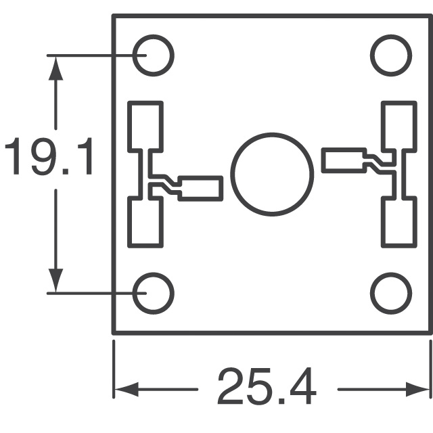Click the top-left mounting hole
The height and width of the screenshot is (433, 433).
[153, 55]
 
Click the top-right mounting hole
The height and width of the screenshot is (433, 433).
[391, 55]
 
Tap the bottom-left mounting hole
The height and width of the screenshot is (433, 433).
[153, 293]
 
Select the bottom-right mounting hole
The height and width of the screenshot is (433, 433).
[391, 293]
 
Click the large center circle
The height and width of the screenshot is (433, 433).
[272, 174]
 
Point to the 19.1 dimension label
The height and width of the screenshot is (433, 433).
[49, 159]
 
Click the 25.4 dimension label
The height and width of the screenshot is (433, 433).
[267, 388]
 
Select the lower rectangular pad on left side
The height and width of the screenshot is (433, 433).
[145, 222]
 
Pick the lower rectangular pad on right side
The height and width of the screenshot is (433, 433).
[398, 222]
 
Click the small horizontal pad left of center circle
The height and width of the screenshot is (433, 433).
[200, 188]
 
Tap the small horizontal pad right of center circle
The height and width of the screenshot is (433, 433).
[343, 161]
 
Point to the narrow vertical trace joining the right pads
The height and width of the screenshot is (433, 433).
[399, 173]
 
